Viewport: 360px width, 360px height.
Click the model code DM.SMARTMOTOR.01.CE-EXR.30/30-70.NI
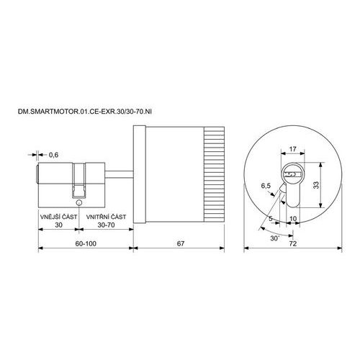tap(85, 112)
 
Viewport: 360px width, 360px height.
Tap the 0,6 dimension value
tap(53, 155)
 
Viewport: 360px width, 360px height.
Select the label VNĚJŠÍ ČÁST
tap(59, 217)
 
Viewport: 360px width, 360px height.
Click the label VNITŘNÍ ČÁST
tap(106, 217)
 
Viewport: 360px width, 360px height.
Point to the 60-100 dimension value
tap(86, 243)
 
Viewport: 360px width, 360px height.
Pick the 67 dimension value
tap(181, 243)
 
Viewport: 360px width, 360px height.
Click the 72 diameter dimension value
tap(293, 244)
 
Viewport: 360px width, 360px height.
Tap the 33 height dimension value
tap(316, 185)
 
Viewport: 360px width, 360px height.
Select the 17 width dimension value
tap(292, 149)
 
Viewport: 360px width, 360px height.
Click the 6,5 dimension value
tap(266, 186)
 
